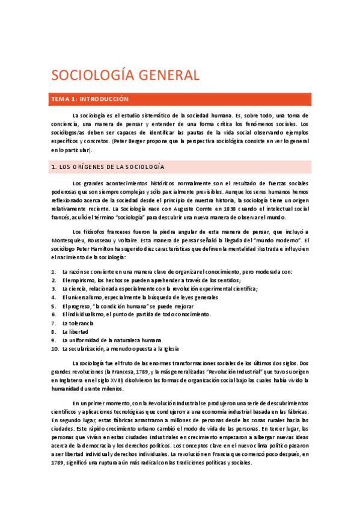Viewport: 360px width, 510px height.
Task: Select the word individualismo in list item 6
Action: point(85,314)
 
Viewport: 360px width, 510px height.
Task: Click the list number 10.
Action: point(54,348)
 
